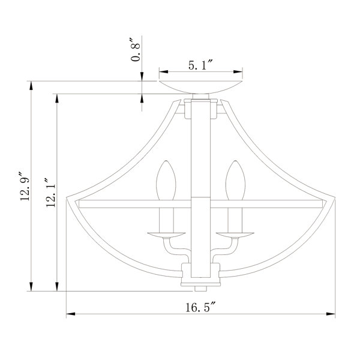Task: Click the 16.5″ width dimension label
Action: [x=201, y=307]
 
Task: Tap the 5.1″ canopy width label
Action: [x=201, y=65]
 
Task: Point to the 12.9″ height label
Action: [x=25, y=186]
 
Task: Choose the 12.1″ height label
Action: [x=50, y=192]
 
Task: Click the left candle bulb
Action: [x=166, y=180]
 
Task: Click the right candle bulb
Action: [x=235, y=180]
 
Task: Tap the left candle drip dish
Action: [x=166, y=235]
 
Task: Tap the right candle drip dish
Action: [x=235, y=235]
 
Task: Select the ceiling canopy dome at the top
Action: [x=201, y=87]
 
